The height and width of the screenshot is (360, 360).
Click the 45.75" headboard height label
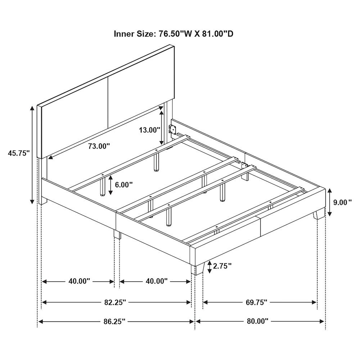(x=19, y=153)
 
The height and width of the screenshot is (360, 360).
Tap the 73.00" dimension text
(x=99, y=146)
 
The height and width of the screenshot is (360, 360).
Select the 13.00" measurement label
(x=149, y=130)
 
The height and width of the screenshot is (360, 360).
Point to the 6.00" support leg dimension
(x=124, y=184)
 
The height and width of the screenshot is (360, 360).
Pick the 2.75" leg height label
(x=222, y=266)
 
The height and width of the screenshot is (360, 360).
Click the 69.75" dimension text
(x=256, y=302)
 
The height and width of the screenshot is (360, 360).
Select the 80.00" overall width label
(x=258, y=321)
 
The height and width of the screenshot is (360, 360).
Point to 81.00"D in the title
(x=218, y=34)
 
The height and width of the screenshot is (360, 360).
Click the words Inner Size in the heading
(x=134, y=34)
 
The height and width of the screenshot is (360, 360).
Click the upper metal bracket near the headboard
(x=172, y=129)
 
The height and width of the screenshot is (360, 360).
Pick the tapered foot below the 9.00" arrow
(x=319, y=214)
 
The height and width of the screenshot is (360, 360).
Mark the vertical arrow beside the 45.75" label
(x=32, y=155)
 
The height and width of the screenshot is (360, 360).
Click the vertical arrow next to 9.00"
(x=330, y=202)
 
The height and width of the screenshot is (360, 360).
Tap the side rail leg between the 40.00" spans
(x=117, y=234)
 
